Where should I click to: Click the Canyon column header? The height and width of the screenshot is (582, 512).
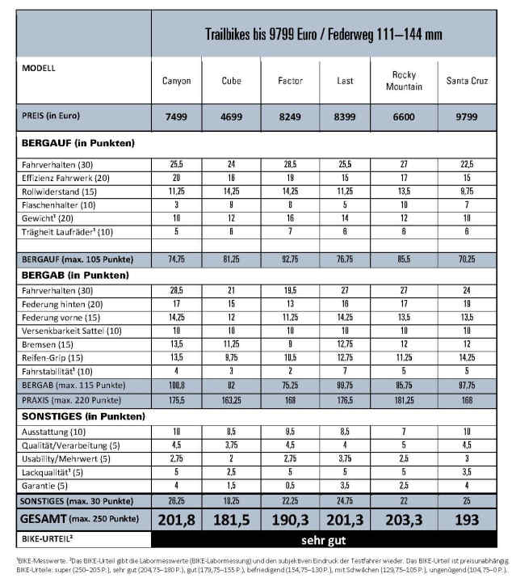pos(177,82)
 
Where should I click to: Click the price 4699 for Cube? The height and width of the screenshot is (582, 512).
pos(231,117)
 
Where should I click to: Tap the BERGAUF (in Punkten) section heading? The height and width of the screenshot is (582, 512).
pos(70,144)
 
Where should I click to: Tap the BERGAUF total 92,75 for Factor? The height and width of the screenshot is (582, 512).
pos(290,259)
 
